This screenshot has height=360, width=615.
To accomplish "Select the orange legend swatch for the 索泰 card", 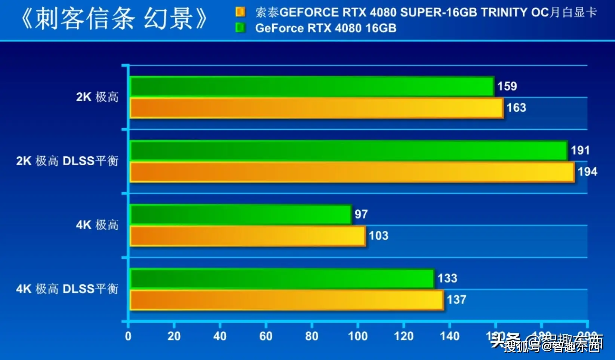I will pyautogui.click(x=240, y=12).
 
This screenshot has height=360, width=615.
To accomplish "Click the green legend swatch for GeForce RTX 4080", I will pyautogui.click(x=240, y=28).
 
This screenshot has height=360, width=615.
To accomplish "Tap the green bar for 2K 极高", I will pyautogui.click(x=312, y=86).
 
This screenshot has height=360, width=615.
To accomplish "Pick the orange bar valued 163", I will pyautogui.click(x=317, y=108).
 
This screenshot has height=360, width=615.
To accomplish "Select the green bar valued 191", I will pyautogui.click(x=349, y=151).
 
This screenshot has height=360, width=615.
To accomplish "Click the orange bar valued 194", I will pyautogui.click(x=352, y=172).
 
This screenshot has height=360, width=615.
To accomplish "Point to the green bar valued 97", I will pyautogui.click(x=241, y=215).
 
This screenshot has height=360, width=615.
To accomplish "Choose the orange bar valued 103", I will pyautogui.click(x=248, y=236).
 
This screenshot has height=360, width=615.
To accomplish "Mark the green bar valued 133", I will pyautogui.click(x=282, y=279).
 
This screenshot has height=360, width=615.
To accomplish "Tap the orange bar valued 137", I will pyautogui.click(x=287, y=300).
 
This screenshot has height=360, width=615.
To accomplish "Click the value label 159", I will pyautogui.click(x=507, y=86).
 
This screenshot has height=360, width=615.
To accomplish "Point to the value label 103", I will pyautogui.click(x=378, y=236).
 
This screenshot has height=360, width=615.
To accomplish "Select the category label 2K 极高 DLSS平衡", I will pyautogui.click(x=67, y=161).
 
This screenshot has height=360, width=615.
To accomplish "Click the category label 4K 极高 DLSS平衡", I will pyautogui.click(x=67, y=289).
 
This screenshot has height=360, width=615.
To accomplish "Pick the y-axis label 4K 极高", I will pyautogui.click(x=97, y=225).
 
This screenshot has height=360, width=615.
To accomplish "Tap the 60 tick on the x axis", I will pyautogui.click(x=266, y=336).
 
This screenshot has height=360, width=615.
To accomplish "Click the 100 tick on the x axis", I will pyautogui.click(x=358, y=336).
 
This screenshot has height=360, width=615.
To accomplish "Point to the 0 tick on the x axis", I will pyautogui.click(x=128, y=336).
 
